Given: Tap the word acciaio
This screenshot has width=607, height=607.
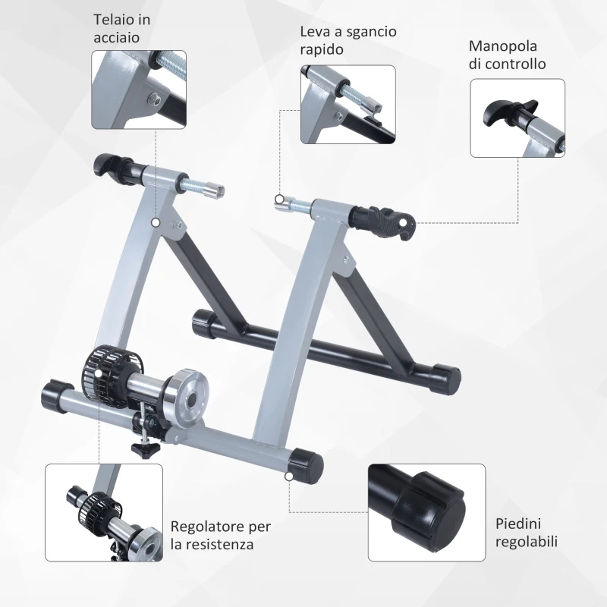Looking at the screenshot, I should [117, 37].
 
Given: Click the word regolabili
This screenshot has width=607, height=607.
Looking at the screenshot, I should [527, 541].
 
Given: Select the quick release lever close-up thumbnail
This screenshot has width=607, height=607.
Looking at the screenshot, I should [348, 104].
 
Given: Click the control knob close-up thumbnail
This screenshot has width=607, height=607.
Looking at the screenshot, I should [517, 118].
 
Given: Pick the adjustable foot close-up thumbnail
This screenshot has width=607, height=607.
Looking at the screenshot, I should [426, 512].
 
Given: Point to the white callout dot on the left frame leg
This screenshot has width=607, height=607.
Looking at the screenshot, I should [156, 222].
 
